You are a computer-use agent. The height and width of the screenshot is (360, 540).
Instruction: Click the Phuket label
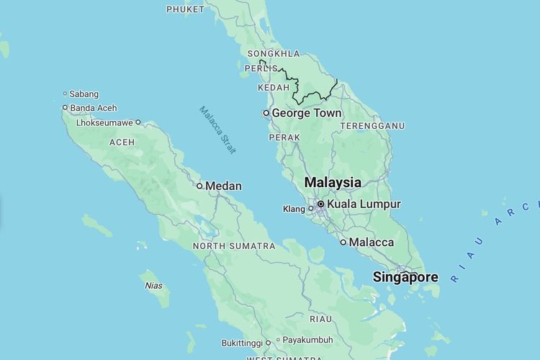tap(185, 9)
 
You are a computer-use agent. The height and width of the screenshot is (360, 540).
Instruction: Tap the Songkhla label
tap(273, 54)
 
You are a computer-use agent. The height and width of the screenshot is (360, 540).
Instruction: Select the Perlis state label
tap(261, 68)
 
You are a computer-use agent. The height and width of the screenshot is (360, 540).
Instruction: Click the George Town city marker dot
tap(266, 113)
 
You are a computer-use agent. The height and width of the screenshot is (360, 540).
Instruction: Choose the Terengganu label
tap(372, 126)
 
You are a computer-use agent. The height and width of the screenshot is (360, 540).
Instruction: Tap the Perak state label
tap(284, 137)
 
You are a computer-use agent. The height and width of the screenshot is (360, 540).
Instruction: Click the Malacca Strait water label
tap(217, 130)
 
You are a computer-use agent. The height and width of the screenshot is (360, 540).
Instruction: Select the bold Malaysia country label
tap(333, 182)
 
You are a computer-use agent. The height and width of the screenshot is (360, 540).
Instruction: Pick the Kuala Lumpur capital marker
tap(320, 204)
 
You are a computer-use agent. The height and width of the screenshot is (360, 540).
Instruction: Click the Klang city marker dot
tap(311, 209)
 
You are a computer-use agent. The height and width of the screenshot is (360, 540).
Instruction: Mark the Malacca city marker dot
tap(343, 243)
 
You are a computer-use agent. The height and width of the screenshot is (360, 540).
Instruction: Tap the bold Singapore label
tap(405, 277)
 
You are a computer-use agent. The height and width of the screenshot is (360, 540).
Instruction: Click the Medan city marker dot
tap(199, 186)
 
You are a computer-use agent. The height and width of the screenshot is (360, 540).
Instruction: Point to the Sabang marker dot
tap(65, 94)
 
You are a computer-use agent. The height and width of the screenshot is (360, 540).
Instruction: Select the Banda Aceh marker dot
tap(65, 108)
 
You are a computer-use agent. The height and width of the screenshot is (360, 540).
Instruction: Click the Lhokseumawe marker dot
tap(138, 122)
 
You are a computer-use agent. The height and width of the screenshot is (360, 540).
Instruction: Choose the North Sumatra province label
tap(234, 246)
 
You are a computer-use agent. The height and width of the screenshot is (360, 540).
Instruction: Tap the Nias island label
tap(154, 286)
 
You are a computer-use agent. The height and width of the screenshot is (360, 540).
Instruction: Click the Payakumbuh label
tap(307, 340)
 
